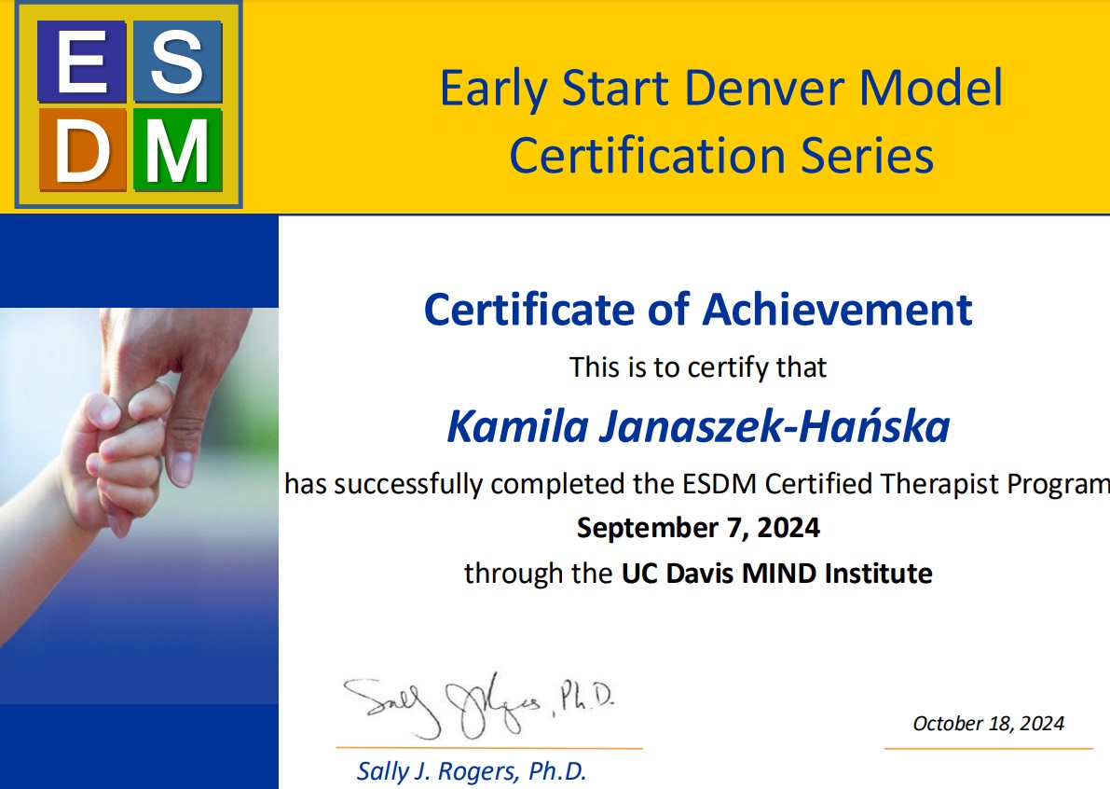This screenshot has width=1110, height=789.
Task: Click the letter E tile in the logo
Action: [81, 62]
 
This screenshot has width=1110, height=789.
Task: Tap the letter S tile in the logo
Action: [178, 62]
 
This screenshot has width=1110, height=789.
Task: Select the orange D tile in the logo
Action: [82, 150]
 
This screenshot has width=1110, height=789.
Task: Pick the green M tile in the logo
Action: [178, 150]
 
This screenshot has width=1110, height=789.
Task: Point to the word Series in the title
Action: [867, 155]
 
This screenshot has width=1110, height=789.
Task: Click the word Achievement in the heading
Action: [838, 310]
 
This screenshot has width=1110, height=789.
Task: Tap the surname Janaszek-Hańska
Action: [774, 426]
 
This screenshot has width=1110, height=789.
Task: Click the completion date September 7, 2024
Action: [698, 528]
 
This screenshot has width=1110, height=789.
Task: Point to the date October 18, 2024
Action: [988, 723]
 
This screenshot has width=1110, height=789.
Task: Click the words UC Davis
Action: [678, 573]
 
